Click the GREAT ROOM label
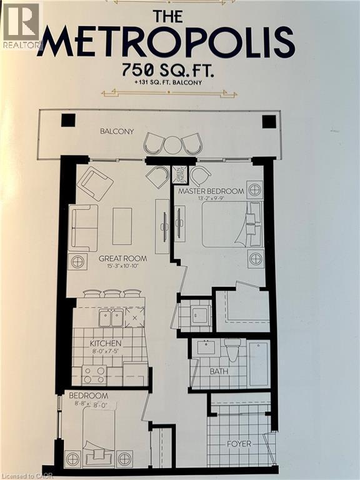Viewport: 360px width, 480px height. point(122,258)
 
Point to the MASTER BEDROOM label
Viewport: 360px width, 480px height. point(211,191)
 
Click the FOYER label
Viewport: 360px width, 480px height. point(238,444)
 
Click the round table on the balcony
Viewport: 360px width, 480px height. point(172,145)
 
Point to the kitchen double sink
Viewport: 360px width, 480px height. point(111,318)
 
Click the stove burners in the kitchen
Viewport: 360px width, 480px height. point(95,374)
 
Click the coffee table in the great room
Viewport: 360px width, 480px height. point(122,226)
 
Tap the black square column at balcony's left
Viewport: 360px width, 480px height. point(68,121)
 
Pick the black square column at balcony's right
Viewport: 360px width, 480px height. point(269,121)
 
